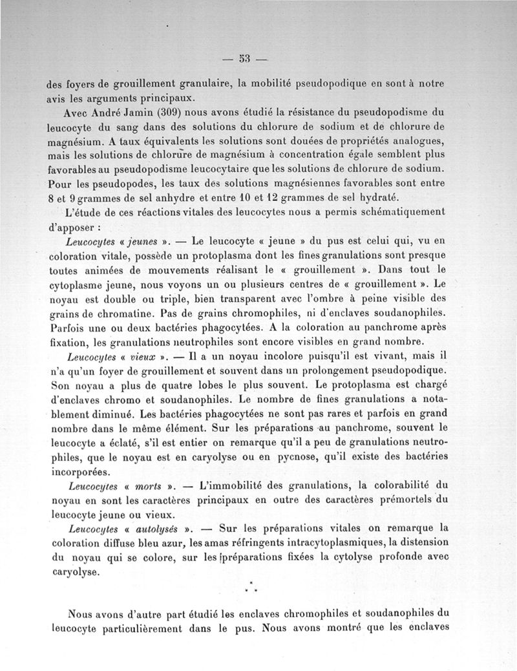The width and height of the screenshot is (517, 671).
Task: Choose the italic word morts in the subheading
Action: coord(151,485)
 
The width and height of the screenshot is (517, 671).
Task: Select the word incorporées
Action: coord(76,471)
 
